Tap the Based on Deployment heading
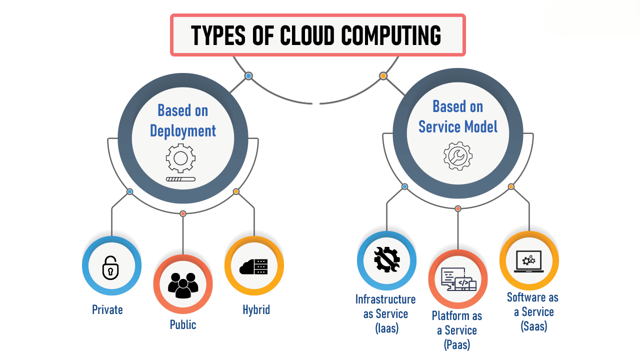click(183, 120)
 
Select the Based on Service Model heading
click(458, 116)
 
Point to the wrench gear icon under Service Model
click(457, 155)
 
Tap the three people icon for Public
click(183, 284)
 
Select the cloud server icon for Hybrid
click(254, 266)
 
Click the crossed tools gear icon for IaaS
click(386, 260)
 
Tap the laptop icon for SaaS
click(529, 261)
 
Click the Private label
click(107, 310)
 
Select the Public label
click(183, 325)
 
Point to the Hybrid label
click(256, 310)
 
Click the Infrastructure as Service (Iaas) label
click(385, 314)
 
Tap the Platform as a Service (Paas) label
click(457, 330)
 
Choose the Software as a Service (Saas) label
click(532, 312)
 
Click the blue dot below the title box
click(248, 76)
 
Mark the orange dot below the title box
click(383, 76)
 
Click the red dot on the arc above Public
click(183, 213)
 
